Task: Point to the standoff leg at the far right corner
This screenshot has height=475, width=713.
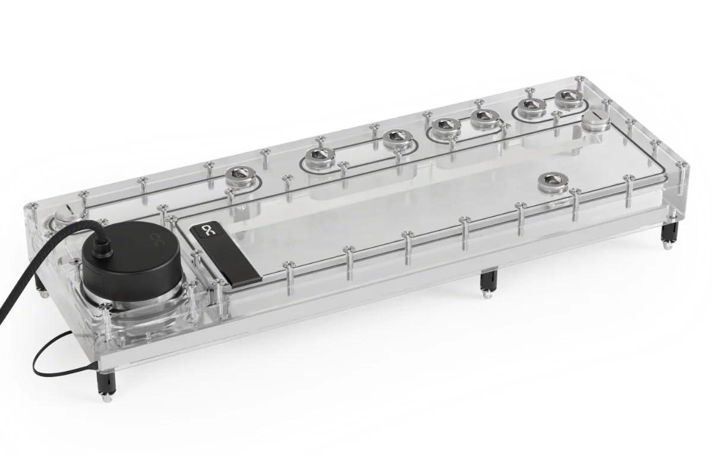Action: (667, 235)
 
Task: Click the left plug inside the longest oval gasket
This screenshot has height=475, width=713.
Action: (320, 157)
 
